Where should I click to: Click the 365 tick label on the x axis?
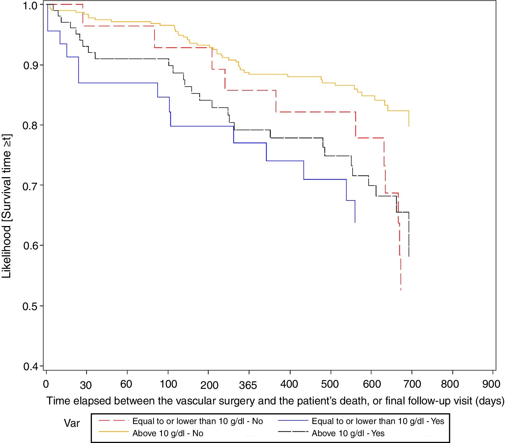[248, 385]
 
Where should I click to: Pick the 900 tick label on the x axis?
[491, 384]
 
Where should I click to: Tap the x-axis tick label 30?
[86, 385]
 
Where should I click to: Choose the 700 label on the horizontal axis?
[412, 384]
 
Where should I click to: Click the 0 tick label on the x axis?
[46, 384]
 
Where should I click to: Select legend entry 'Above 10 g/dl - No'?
[168, 433]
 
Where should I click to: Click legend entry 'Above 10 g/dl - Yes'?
[348, 433]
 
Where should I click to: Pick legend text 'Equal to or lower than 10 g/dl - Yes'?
[378, 421]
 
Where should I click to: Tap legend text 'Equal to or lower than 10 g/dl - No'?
[198, 421]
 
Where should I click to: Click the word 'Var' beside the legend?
[72, 423]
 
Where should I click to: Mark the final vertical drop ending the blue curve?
[355, 212]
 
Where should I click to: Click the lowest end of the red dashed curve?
[401, 290]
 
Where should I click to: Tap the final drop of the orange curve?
[409, 119]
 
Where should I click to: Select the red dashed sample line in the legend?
[113, 421]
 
